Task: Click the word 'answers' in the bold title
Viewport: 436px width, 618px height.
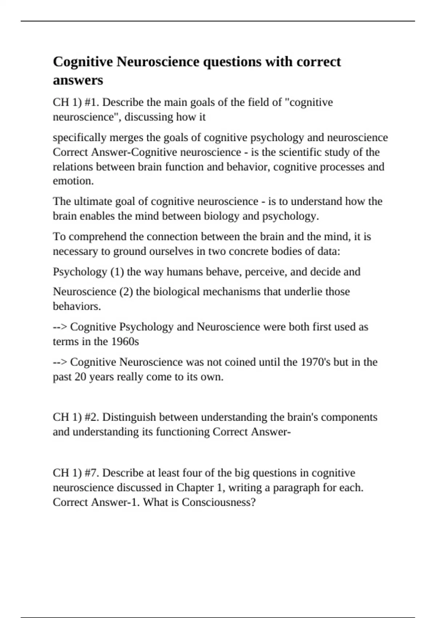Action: [x=78, y=80]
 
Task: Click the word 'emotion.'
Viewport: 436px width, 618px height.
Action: [x=73, y=181]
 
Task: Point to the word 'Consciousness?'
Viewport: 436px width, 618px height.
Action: [x=219, y=502]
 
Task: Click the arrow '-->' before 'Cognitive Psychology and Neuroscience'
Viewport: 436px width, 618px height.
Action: [x=60, y=327]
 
